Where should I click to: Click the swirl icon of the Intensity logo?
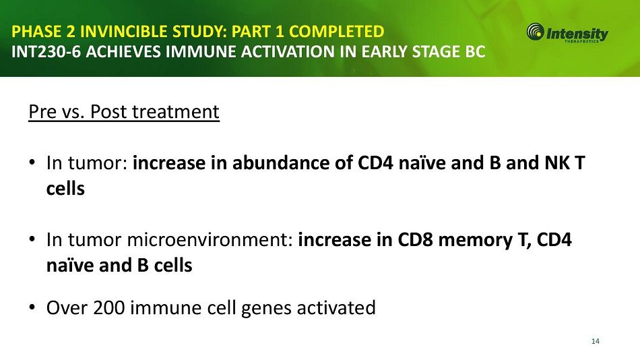pos(535,32)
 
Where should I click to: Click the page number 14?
pos(595,341)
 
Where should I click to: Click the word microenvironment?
pos(210,240)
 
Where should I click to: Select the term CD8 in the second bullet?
pos(415,240)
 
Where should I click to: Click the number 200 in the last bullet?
pos(109,307)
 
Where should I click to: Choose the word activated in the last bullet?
pos(336,307)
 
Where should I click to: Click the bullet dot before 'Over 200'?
pos(32,307)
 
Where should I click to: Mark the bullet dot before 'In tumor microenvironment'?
pos(32,239)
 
